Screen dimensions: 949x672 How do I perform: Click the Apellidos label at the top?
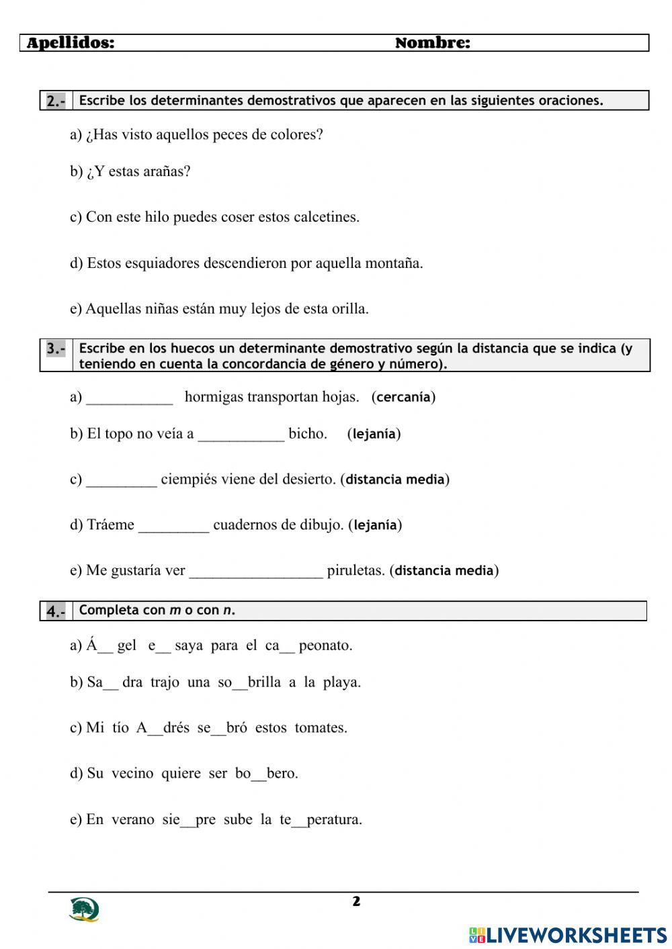[71, 43]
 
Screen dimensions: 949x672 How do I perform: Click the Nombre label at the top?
[432, 43]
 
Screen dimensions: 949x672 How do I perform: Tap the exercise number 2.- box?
[56, 101]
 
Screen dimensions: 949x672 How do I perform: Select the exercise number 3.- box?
[56, 349]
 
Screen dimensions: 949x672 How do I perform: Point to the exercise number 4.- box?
[56, 611]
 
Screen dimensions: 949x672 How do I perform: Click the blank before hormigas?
[130, 398]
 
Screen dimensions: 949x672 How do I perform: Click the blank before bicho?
[241, 435]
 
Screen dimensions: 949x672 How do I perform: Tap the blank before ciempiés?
[122, 480]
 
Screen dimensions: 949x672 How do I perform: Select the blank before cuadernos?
[173, 526]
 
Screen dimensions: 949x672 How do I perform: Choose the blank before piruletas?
[256, 572]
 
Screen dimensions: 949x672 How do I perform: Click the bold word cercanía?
[403, 397]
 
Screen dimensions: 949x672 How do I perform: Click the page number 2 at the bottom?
[356, 901]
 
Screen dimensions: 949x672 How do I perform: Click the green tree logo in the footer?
[84, 909]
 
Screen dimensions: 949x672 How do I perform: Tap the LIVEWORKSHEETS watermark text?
[576, 935]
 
